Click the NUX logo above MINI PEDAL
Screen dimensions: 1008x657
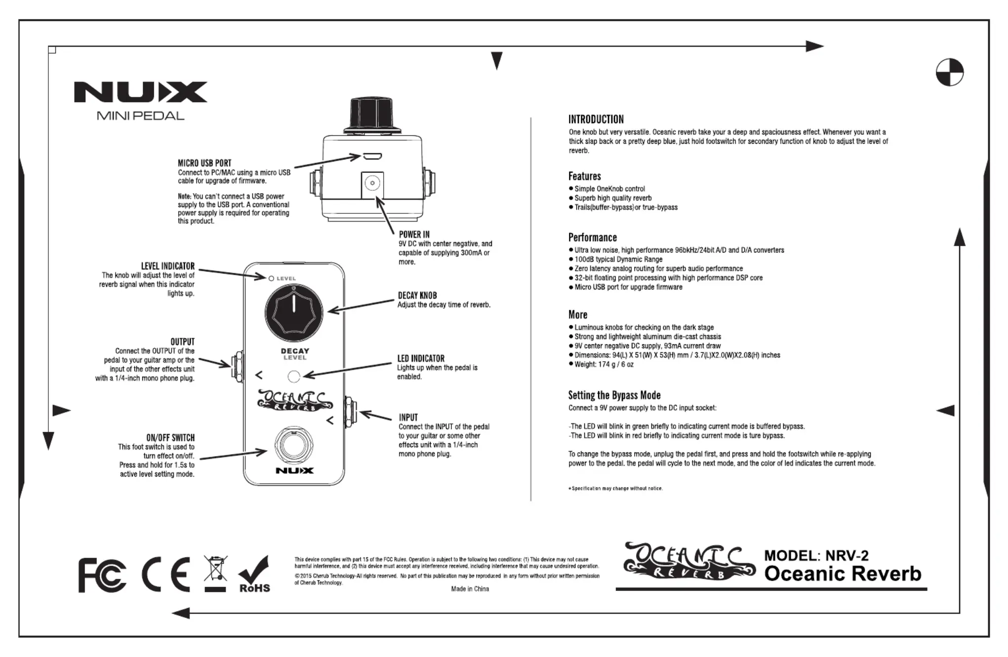(x=140, y=92)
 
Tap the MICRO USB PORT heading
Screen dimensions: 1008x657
(x=204, y=163)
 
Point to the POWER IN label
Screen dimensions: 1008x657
(x=414, y=235)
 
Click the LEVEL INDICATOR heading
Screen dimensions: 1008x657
(x=168, y=266)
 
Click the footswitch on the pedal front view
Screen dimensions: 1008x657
(x=293, y=445)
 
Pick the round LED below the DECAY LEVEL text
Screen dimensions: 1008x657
(x=294, y=377)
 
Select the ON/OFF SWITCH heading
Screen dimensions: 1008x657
(x=170, y=438)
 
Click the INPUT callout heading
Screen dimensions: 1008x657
(x=408, y=417)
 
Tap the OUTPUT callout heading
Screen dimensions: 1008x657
(x=183, y=342)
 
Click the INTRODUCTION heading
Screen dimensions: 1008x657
(x=596, y=120)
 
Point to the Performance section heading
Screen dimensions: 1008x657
(x=592, y=238)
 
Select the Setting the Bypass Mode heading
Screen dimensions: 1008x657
(x=614, y=395)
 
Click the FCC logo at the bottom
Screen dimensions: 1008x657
(x=102, y=575)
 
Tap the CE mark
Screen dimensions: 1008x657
(x=166, y=575)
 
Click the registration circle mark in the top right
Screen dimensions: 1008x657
(x=949, y=72)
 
